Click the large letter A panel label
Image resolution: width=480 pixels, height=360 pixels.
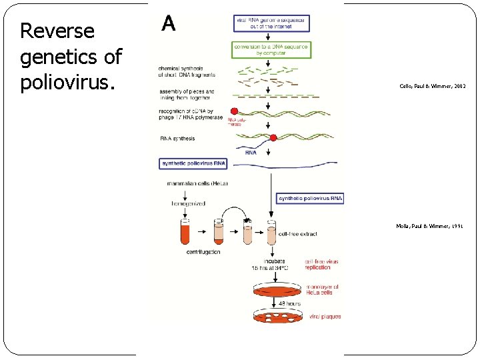click(x=169, y=24)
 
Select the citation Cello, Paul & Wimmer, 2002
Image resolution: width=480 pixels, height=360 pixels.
click(x=432, y=87)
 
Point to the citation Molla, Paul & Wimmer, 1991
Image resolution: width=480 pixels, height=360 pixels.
click(x=429, y=227)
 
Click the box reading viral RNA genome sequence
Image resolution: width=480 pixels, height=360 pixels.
click(x=271, y=23)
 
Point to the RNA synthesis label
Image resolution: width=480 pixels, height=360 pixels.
click(x=178, y=139)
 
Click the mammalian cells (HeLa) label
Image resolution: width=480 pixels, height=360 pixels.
click(x=197, y=183)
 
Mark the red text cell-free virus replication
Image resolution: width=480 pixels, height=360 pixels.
click(x=322, y=265)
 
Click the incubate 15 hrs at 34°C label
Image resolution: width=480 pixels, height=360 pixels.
click(x=269, y=265)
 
